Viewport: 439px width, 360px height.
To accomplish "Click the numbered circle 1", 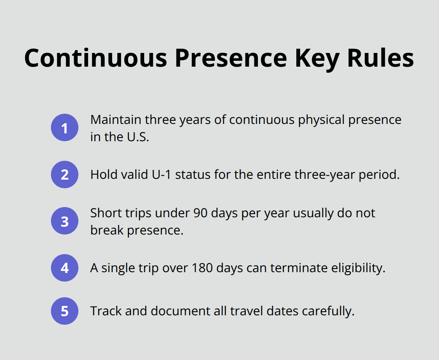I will [x=65, y=128].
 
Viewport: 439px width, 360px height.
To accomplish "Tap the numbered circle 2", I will [x=65, y=175].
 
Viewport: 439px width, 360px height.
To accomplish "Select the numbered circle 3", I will [x=65, y=221].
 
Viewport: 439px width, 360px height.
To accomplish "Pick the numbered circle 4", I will [x=65, y=268].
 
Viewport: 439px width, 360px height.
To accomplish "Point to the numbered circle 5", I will [x=65, y=311].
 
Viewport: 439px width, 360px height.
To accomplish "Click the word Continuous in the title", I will [x=96, y=58].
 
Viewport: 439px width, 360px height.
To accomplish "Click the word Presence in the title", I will [x=231, y=58].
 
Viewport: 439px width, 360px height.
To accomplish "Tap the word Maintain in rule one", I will [x=115, y=120].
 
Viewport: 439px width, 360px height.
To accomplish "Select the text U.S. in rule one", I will [x=136, y=137].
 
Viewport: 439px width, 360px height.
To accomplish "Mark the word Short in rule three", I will [x=103, y=213].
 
